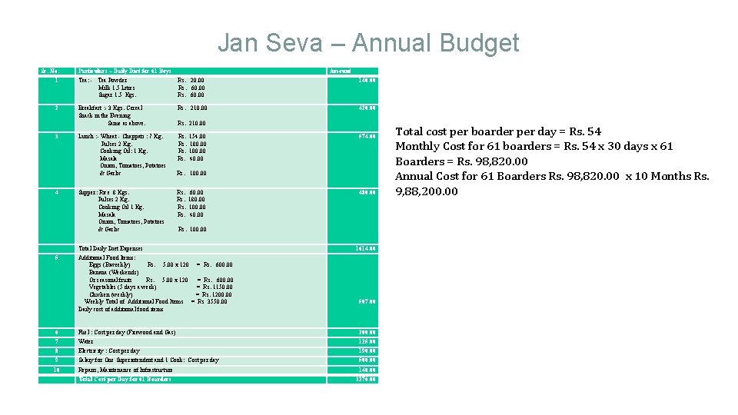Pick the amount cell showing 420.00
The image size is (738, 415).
point(366,108)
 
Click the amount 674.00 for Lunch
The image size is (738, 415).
point(366,137)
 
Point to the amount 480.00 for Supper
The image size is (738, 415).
point(366,192)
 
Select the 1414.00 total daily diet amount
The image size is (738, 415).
point(365,248)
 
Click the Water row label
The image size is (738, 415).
point(85,341)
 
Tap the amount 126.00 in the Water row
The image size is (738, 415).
point(367,341)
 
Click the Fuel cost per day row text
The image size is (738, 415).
point(127,332)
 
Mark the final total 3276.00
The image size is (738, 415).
point(365,379)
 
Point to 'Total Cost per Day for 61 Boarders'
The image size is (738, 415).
point(125,379)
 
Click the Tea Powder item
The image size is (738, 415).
point(113,80)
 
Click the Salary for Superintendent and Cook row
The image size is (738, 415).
point(148,360)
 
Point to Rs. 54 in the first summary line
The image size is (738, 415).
point(587,131)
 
